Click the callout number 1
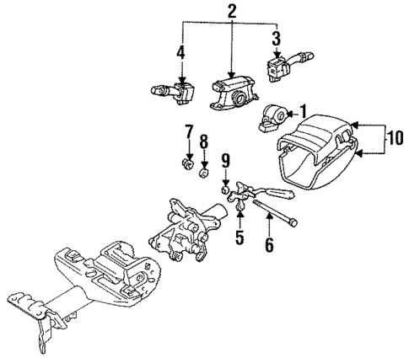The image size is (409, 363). pos(304,110)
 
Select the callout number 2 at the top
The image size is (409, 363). pos(231,12)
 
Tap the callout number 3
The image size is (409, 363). pos(275,39)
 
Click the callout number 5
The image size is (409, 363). pos(239,238)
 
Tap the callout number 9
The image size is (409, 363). pos(225,160)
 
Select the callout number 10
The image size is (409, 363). pos(393,140)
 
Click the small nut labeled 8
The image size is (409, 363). pos(203,173)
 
